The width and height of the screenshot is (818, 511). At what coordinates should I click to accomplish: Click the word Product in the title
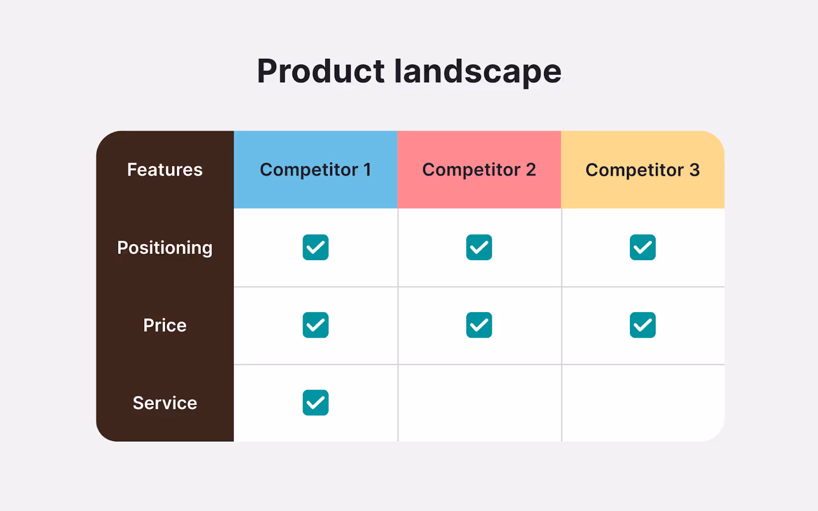point(321,71)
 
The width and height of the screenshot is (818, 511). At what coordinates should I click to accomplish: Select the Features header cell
point(165,170)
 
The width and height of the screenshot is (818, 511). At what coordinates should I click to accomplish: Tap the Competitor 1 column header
point(315,170)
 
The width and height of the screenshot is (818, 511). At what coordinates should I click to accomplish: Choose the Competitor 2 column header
point(479,170)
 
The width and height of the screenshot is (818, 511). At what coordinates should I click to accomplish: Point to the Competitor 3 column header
point(643,170)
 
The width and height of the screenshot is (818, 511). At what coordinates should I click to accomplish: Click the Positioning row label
point(165,248)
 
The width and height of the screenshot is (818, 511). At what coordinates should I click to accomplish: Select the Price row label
point(165,326)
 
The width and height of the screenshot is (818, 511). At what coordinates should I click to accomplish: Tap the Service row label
point(165,403)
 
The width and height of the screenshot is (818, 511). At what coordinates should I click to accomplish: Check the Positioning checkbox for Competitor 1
point(315,247)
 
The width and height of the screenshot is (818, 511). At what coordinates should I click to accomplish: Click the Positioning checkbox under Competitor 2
point(479,247)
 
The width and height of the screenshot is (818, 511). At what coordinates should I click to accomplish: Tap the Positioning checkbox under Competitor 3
point(643,247)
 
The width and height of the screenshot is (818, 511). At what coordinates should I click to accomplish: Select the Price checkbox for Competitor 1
point(315,325)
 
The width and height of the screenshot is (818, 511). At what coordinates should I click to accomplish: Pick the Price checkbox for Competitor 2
point(479,325)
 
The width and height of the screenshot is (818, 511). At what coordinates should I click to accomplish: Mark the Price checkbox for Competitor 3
point(643,325)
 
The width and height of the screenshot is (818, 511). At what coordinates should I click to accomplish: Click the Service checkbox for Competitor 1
point(315,403)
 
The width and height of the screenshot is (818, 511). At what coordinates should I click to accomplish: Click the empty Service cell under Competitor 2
point(479,403)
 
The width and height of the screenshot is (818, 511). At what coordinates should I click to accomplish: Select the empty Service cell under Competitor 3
point(643,403)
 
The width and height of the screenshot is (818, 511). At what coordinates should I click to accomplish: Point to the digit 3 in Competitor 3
point(694,170)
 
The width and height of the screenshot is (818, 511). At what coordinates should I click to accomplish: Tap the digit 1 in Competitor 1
point(367,170)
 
